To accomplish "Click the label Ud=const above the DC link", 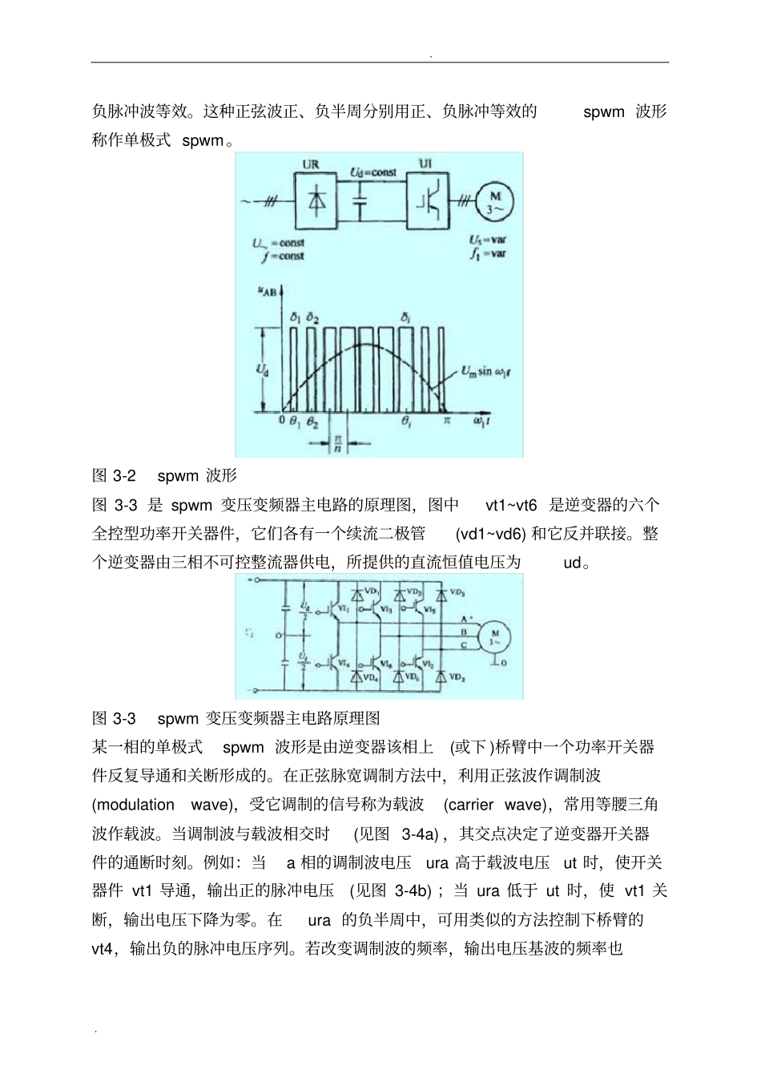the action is coord(373,172).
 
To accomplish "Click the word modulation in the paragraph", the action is coord(135,805).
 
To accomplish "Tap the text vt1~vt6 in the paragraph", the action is coord(511,505).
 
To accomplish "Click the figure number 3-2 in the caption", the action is coord(123,476).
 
